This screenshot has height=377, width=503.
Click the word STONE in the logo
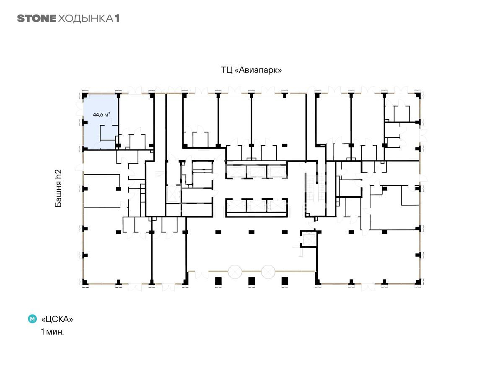coord(36,18)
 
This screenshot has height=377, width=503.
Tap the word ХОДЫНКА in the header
coord(86,18)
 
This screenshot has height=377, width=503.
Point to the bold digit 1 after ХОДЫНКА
coord(117,18)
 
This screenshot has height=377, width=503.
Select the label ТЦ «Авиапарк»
coord(251,70)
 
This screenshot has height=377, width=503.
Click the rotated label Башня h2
coord(58,188)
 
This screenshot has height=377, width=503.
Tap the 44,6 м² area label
coord(101,114)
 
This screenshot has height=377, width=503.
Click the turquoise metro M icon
coord(32,319)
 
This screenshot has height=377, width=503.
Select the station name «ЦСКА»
coord(57,319)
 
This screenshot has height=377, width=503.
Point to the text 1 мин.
coord(52,332)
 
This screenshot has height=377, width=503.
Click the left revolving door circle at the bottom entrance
coord(235,271)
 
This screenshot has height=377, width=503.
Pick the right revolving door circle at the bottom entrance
coord(268,271)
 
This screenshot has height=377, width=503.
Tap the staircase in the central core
coord(316,187)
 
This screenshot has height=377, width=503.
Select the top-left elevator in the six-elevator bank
coord(236,172)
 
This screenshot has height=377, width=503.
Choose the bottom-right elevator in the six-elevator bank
coord(277,205)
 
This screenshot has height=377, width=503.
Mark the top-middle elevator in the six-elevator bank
coord(257,172)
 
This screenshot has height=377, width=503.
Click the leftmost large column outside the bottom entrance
coord(218,281)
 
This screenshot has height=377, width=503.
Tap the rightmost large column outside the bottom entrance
coord(285,281)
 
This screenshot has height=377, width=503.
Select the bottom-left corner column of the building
coord(85,282)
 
